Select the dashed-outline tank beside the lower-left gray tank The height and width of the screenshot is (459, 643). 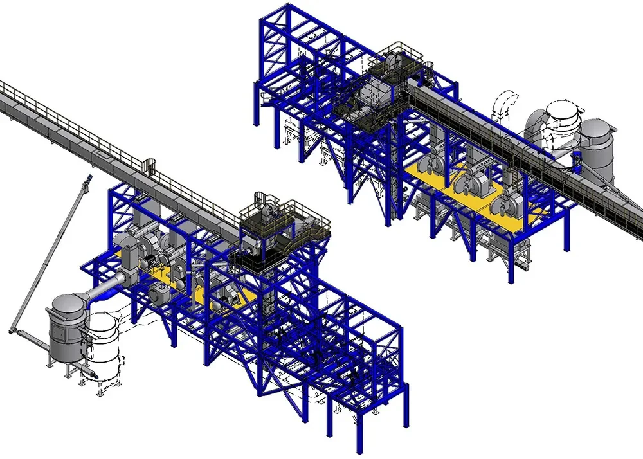point(105,347)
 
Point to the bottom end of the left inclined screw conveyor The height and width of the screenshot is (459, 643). point(14,330)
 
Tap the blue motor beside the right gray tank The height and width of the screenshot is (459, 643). point(577,160)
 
